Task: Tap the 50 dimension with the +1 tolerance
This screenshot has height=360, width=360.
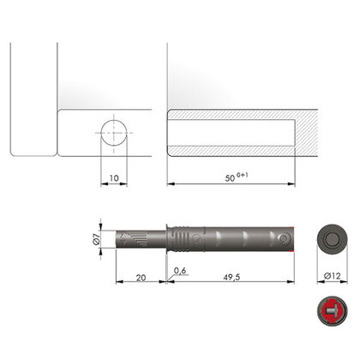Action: pos(231,177)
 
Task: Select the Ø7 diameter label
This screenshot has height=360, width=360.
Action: pos(98,238)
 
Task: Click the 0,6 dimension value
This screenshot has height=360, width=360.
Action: pos(180,272)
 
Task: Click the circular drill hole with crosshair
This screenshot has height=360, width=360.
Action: pos(116,135)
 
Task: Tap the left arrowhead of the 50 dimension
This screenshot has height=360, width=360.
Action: pos(170,183)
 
